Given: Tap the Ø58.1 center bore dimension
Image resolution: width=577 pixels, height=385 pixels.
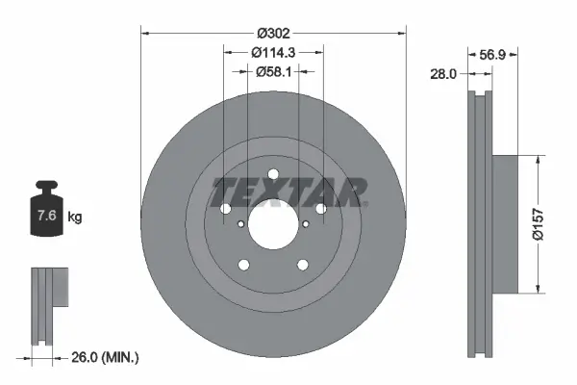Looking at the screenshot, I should [x=273, y=70].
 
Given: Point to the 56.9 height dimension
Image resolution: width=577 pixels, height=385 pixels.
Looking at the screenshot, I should [x=493, y=56].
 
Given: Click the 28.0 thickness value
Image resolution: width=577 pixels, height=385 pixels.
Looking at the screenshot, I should [x=443, y=72].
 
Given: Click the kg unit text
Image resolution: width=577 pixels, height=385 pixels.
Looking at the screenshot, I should [x=75, y=218].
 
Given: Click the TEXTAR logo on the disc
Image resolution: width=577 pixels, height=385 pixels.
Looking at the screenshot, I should [x=288, y=192].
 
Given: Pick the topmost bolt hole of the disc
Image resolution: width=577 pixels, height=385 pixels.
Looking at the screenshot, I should [x=273, y=174].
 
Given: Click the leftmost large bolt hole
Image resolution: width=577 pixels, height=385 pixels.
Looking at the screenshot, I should [x=226, y=209].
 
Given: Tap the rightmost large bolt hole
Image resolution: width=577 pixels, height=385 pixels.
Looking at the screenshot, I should [x=320, y=209].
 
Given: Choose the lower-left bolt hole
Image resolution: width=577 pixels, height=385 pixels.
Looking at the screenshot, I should [x=244, y=265].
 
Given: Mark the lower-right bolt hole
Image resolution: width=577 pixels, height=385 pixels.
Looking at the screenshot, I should [x=302, y=265].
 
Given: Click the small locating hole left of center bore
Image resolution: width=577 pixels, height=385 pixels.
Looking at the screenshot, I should [x=240, y=224].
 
